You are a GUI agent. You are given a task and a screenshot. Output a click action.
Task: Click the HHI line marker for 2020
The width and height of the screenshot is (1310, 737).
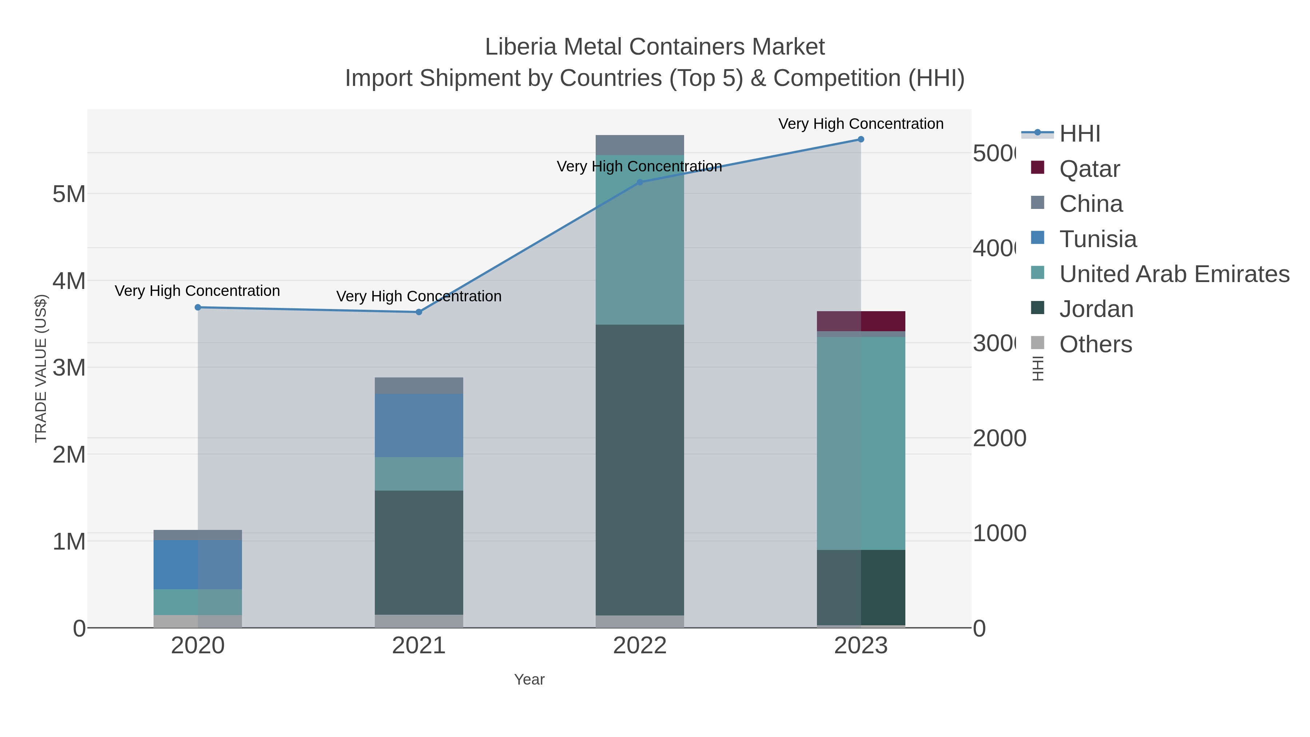[198, 307]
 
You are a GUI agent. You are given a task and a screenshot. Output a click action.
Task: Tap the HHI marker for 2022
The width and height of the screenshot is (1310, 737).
[640, 182]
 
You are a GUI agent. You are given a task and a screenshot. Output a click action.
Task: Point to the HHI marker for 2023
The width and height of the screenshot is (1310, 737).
[861, 139]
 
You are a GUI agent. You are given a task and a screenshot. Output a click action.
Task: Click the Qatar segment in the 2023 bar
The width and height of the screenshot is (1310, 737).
[861, 321]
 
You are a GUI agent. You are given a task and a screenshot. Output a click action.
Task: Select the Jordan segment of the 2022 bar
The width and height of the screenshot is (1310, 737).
[640, 470]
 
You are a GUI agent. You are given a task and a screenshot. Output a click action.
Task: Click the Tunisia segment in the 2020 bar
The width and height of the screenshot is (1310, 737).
[198, 564]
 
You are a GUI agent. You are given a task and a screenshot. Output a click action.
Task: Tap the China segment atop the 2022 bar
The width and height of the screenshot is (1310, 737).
[640, 145]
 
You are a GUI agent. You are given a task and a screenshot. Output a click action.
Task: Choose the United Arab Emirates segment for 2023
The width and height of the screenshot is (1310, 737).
[861, 443]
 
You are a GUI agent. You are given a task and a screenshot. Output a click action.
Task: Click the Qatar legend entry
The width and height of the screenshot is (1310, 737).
[1089, 169]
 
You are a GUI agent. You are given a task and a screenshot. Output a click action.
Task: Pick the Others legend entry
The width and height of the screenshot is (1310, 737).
[1095, 344]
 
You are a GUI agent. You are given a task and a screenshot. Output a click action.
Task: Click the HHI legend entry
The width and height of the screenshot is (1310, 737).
[1080, 134]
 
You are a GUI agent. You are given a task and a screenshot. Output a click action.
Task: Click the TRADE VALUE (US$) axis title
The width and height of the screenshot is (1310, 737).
[41, 368]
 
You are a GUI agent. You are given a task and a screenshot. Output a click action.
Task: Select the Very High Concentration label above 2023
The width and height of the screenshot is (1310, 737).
[861, 124]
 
